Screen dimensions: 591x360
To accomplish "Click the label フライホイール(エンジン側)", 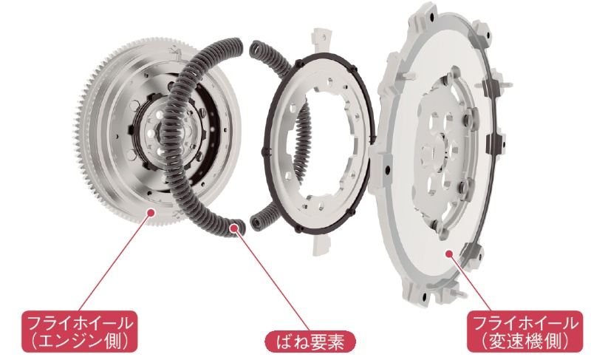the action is [x=79, y=331].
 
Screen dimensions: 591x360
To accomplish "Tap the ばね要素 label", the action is [x=310, y=342].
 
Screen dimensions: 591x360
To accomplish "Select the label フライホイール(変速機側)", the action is [x=525, y=331].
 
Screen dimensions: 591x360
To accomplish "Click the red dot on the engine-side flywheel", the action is [x=151, y=213].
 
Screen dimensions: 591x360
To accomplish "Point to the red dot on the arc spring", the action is [x=234, y=228].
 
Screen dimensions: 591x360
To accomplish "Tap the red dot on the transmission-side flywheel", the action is [x=448, y=254].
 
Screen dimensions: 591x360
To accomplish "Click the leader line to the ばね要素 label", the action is [x=272, y=279].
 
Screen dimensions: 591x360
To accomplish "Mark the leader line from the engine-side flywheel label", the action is [x=115, y=262].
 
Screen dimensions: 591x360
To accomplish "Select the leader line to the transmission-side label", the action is [x=470, y=282].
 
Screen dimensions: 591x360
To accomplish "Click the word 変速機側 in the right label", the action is [x=525, y=342].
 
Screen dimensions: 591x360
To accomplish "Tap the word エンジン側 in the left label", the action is [x=79, y=342].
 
